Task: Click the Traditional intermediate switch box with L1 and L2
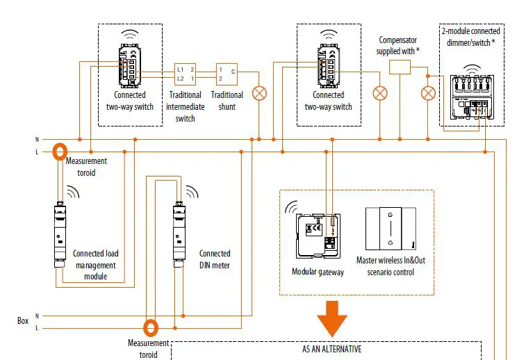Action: (186, 74)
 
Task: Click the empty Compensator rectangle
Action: (399, 67)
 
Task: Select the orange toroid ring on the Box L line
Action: (151, 327)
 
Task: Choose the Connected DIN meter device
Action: (179, 227)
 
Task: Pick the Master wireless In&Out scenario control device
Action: (391, 229)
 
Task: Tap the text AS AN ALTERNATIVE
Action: (331, 349)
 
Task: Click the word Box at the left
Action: (23, 321)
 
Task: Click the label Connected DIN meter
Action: (215, 259)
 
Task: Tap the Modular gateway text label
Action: (318, 272)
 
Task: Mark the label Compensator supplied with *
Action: (397, 46)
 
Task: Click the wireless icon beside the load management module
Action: (72, 192)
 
